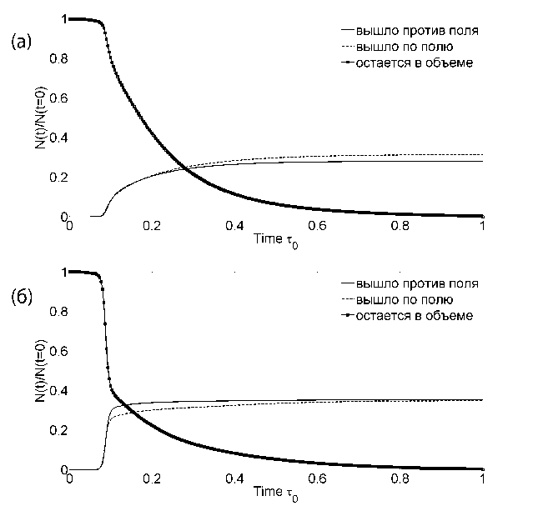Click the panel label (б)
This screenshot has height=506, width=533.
pos(22,298)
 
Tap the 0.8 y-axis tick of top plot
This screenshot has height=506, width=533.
pos(57,58)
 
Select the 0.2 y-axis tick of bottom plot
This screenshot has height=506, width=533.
pos(57,429)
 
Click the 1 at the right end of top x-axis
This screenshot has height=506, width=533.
pos(483,226)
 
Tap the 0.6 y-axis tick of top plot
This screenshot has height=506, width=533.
pos(57,98)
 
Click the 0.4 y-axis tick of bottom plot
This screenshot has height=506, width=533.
pos(57,390)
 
